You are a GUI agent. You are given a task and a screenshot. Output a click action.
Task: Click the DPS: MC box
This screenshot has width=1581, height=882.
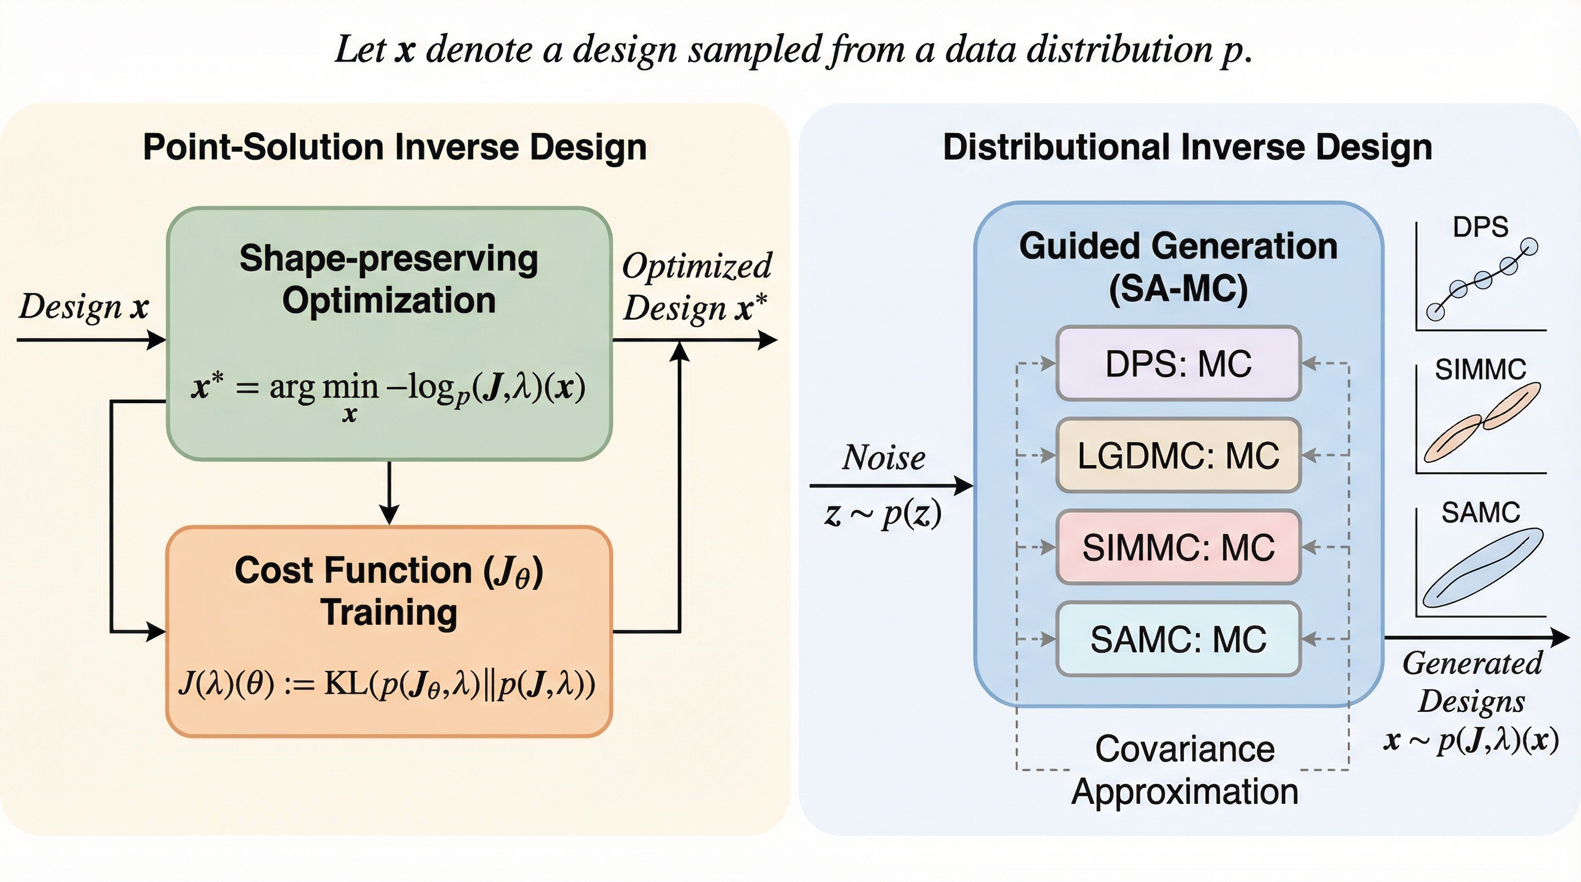click(x=1178, y=363)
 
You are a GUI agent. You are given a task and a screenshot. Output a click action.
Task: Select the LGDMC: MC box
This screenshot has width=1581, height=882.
click(x=1178, y=456)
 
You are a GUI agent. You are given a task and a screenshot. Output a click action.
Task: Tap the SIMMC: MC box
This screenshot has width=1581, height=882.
click(x=1178, y=547)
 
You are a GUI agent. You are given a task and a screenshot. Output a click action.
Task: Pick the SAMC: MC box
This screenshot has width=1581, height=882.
click(x=1178, y=639)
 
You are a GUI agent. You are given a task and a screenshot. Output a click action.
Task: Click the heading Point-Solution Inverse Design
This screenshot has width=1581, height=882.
click(x=395, y=147)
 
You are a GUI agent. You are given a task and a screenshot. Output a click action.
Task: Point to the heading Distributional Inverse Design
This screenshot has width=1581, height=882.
click(x=1187, y=147)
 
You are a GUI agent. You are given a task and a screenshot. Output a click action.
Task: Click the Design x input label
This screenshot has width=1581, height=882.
click(x=83, y=306)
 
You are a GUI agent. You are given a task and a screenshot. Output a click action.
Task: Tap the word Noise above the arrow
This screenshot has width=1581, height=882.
click(x=883, y=458)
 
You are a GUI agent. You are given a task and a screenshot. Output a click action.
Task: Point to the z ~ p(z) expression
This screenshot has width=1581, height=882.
click(x=883, y=514)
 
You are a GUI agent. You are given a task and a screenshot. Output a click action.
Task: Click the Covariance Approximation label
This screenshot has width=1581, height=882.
click(x=1185, y=770)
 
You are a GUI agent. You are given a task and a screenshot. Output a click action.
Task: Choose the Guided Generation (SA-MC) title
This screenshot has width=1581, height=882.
click(x=1178, y=267)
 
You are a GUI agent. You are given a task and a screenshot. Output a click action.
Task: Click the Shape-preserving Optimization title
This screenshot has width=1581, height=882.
click(x=388, y=279)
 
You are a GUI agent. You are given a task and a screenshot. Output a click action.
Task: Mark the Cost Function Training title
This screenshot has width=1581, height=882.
click(x=388, y=591)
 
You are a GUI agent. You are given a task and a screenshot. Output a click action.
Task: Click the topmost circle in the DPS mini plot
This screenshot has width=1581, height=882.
click(x=1530, y=247)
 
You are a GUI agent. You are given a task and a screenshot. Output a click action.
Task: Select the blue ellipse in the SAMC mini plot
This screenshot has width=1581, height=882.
click(x=1482, y=567)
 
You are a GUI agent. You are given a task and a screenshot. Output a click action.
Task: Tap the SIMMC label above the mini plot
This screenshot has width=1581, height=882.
click(x=1480, y=370)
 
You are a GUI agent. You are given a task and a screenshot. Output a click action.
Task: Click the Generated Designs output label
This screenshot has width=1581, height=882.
click(x=1472, y=682)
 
